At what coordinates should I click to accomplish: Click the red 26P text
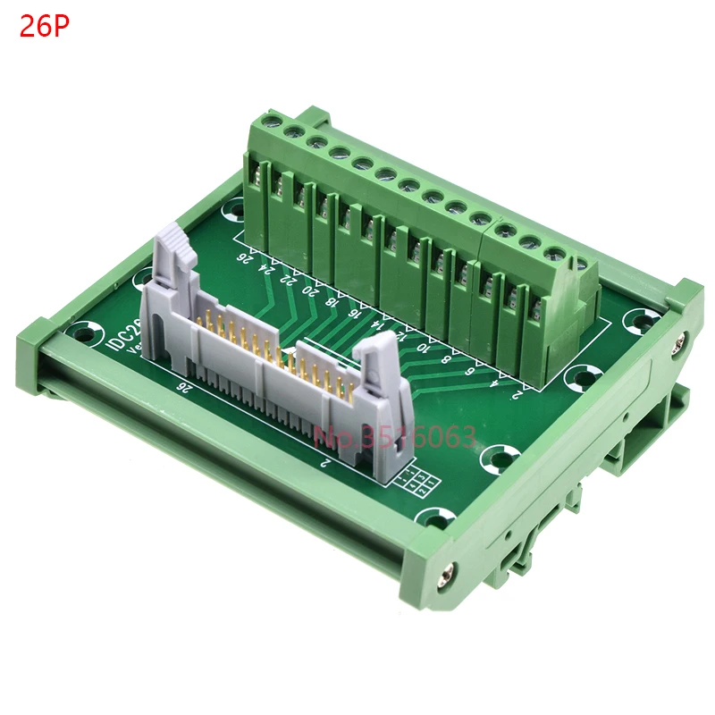pyautogui.click(x=44, y=27)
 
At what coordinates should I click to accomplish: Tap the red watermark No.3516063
pyautogui.click(x=394, y=438)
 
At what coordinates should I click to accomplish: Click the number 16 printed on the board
pyautogui.click(x=355, y=312)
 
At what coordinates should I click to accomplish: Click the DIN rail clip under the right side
pyautogui.click(x=626, y=447)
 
